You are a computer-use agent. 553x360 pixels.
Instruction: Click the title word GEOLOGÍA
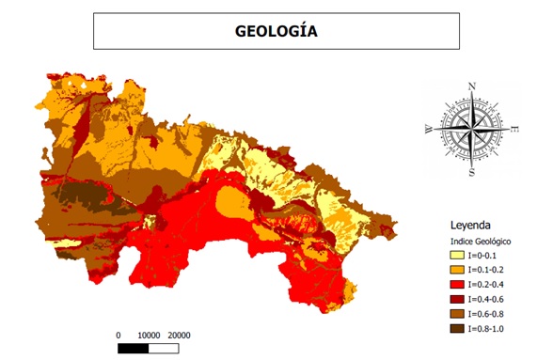tap(276, 31)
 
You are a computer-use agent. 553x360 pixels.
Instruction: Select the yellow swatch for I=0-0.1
tap(458, 255)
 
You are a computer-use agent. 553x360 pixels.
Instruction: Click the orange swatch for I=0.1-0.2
tap(458, 269)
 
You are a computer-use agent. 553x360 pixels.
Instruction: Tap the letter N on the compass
tap(472, 86)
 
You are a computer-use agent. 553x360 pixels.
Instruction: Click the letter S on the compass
tap(472, 171)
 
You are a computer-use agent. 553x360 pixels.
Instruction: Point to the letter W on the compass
tap(430, 130)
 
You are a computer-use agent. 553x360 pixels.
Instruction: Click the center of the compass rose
tap(472, 129)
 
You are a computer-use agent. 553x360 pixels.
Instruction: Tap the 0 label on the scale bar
tap(118, 335)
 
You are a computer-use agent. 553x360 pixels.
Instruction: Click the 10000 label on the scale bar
tap(149, 335)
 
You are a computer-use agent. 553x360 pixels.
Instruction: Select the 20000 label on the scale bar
tap(180, 335)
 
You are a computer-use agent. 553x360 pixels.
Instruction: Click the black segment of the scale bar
tap(134, 349)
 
